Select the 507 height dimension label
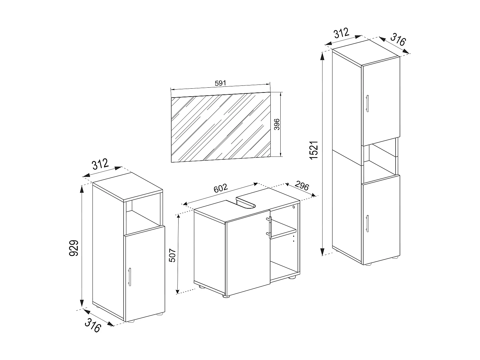click(x=172, y=255)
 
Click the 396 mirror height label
click(x=277, y=125)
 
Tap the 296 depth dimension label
click(x=301, y=186)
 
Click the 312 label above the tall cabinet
click(x=341, y=33)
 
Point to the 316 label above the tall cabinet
click(x=398, y=40)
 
